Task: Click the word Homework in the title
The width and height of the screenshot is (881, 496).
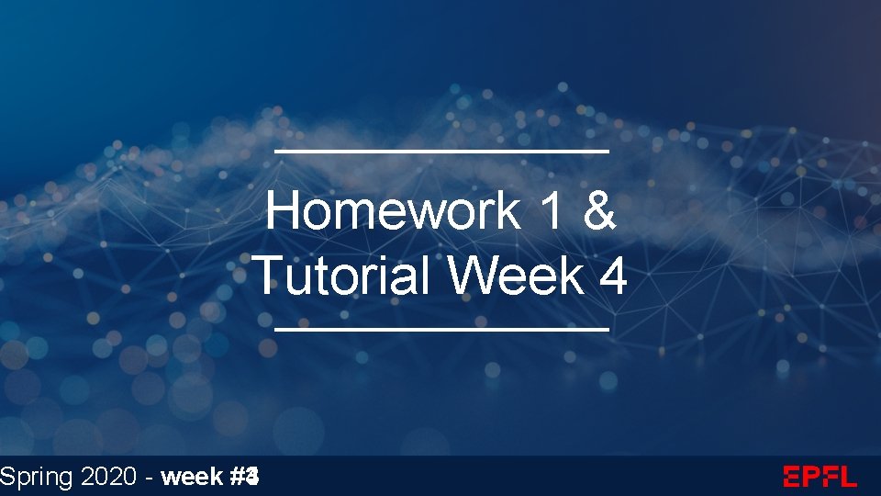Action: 393,211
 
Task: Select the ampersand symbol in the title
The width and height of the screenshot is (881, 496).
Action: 598,211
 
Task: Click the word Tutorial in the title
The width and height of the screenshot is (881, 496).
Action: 341,275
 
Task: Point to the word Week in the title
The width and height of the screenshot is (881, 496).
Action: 518,275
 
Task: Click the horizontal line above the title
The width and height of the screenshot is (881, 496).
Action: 441,150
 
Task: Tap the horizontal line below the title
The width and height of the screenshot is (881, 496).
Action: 441,328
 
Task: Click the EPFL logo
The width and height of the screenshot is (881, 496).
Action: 820,477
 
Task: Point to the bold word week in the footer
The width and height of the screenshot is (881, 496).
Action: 190,477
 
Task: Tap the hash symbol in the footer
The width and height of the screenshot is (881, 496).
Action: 240,477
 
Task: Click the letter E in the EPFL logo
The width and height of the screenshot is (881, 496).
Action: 793,477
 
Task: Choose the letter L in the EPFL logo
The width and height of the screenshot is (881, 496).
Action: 847,477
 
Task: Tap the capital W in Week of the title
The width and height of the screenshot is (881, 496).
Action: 473,275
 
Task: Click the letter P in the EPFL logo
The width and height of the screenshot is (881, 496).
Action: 811,477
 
